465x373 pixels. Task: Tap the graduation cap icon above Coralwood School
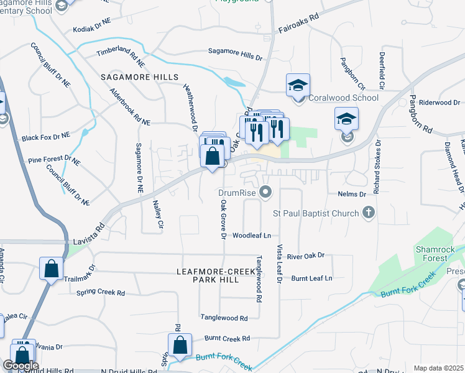click(298, 85)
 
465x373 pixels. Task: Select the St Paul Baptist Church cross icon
click(369, 213)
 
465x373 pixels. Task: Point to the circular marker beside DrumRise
click(266, 192)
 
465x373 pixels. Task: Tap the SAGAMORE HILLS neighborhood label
click(139, 77)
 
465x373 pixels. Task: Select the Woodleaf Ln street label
click(252, 236)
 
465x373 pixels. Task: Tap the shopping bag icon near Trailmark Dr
click(52, 269)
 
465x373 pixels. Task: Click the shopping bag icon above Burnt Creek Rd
click(180, 345)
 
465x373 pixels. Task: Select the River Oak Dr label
click(306, 256)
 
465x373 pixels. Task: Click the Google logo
click(21, 365)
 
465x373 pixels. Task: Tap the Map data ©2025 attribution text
click(438, 368)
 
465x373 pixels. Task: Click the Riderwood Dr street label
click(439, 102)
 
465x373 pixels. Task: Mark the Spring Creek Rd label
click(100, 292)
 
